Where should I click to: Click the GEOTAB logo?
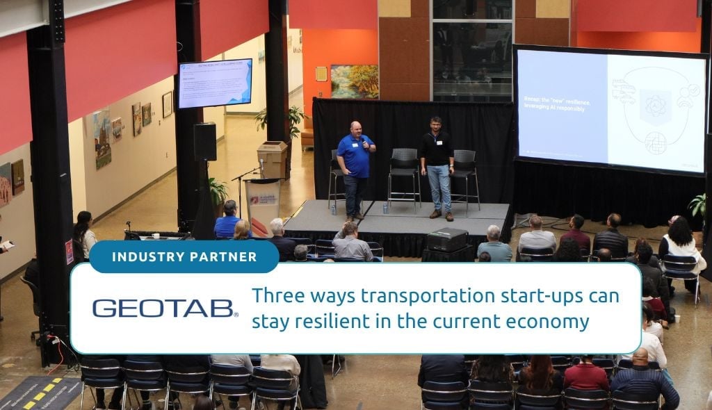(x=165, y=308)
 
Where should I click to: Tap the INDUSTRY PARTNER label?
(x=184, y=257)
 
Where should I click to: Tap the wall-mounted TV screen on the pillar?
(x=215, y=83)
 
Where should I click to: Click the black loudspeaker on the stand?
(x=205, y=142)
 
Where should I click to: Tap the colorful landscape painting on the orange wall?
(x=355, y=81)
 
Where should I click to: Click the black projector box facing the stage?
(x=446, y=240)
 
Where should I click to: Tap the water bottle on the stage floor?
(x=385, y=207)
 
